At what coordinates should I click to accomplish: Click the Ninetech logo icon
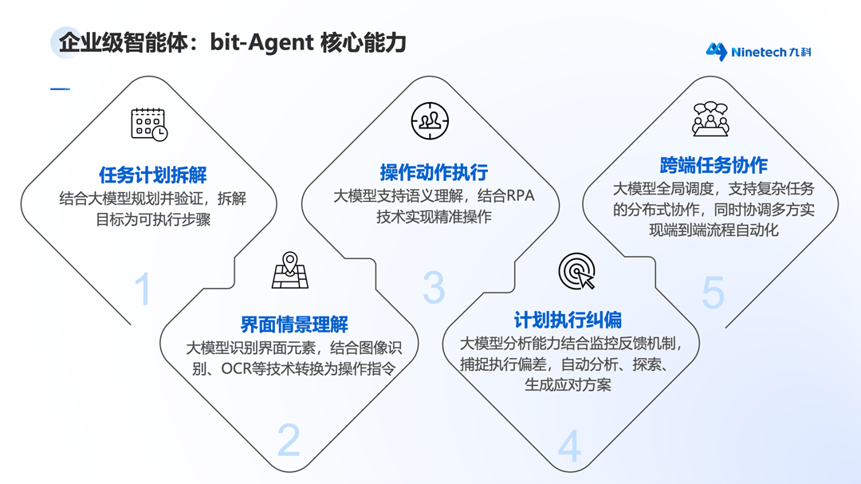pyautogui.click(x=717, y=52)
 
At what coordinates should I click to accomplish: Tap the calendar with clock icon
pyautogui.click(x=149, y=124)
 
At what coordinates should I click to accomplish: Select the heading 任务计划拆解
pyautogui.click(x=152, y=175)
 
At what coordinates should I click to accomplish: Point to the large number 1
pyautogui.click(x=143, y=289)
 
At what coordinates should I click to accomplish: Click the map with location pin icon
pyautogui.click(x=290, y=270)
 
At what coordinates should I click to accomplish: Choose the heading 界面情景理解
pyautogui.click(x=294, y=325)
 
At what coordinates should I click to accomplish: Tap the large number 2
pyautogui.click(x=289, y=440)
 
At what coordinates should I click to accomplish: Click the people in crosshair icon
pyautogui.click(x=430, y=121)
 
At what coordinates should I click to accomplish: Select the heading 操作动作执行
pyautogui.click(x=434, y=172)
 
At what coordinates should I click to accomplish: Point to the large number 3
pyautogui.click(x=434, y=287)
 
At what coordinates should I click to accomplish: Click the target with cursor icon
pyautogui.click(x=577, y=271)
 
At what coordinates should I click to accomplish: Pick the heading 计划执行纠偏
pyautogui.click(x=568, y=320)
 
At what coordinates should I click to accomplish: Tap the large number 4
pyautogui.click(x=569, y=446)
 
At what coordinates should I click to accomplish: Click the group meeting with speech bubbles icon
pyautogui.click(x=710, y=119)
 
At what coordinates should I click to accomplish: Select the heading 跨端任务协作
pyautogui.click(x=714, y=165)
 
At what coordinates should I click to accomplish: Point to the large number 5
pyautogui.click(x=714, y=293)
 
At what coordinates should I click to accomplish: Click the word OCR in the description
pyautogui.click(x=237, y=368)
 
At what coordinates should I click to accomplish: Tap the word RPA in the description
pyautogui.click(x=520, y=196)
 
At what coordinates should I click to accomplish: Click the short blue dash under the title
pyautogui.click(x=61, y=89)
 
